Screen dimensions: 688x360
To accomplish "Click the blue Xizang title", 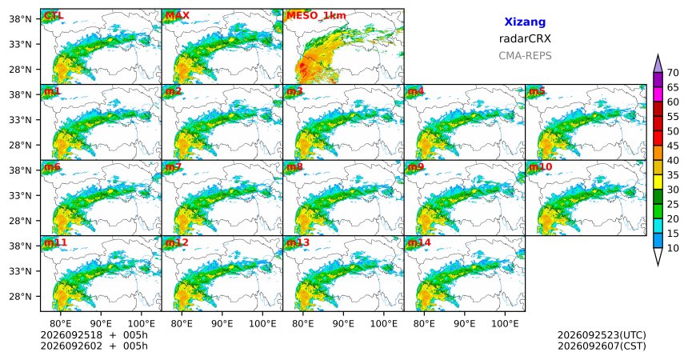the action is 525,22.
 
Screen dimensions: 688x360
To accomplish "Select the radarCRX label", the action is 525,38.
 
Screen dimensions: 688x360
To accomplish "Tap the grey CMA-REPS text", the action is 525,56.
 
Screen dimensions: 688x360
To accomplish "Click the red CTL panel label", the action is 54,16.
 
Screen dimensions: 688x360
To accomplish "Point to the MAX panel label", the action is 178,16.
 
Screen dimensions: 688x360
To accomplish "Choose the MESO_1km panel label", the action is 316,16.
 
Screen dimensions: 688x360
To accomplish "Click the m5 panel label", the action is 537,91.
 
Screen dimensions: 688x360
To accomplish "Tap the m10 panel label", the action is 540,167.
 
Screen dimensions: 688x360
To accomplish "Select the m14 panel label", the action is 419,242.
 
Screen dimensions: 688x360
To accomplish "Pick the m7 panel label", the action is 173,167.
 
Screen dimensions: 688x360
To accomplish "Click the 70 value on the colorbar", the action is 673,73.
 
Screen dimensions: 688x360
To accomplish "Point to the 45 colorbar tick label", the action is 673,146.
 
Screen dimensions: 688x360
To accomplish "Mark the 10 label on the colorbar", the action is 673,249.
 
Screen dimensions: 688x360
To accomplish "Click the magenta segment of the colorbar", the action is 658,94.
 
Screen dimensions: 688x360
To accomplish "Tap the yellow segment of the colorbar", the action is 658,182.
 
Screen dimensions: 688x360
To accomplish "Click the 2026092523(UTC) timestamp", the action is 602,335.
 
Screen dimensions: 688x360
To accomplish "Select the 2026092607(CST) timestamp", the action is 602,346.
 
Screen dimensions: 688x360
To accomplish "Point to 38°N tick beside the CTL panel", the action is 20,19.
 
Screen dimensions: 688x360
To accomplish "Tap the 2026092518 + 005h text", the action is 94,335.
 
